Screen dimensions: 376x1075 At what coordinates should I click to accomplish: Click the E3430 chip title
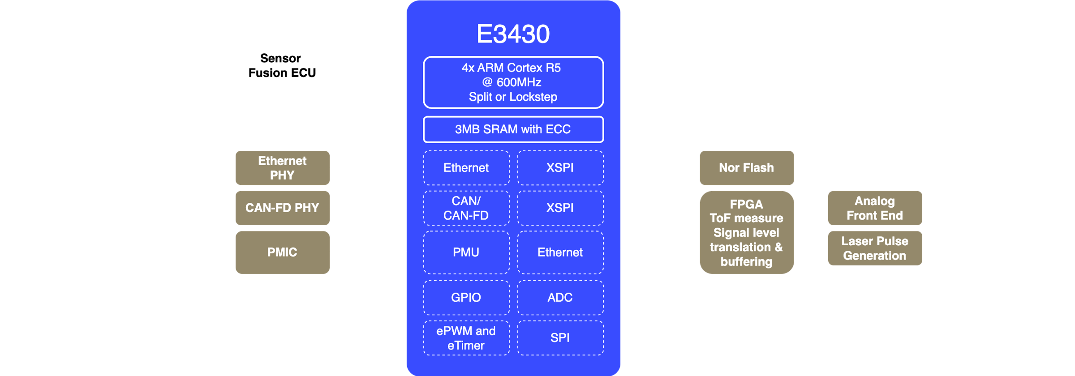(513, 34)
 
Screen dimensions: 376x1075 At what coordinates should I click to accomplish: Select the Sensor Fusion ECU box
(282, 65)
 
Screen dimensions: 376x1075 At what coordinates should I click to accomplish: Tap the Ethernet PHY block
(282, 168)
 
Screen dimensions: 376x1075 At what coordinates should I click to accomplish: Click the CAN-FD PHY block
(282, 208)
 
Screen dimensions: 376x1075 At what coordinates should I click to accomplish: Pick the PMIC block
(282, 252)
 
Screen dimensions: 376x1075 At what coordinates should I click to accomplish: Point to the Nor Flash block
(746, 168)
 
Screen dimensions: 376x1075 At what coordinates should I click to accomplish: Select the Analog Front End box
(875, 208)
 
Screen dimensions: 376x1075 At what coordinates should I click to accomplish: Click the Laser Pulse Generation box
(875, 248)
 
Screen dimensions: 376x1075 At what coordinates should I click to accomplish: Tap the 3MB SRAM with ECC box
(513, 129)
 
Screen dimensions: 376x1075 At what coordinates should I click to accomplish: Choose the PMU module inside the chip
(466, 252)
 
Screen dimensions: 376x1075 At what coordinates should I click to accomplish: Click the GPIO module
(466, 298)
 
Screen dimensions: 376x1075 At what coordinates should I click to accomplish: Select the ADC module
(560, 298)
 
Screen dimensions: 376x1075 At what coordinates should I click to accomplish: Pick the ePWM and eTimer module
(466, 338)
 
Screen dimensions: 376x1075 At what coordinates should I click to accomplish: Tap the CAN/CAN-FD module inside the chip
(466, 208)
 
